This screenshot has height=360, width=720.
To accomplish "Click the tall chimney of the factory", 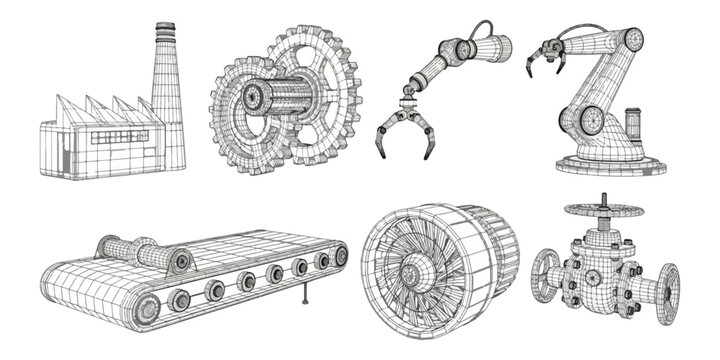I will click(169, 90).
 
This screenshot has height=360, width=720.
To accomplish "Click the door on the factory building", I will click(65, 156).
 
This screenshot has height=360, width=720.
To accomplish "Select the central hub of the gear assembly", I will click(253, 98).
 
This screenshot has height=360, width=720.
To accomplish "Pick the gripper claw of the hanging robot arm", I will click(406, 134).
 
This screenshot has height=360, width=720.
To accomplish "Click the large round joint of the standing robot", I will click(590, 121).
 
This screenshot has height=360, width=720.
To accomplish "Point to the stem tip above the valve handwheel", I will click(602, 196).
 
